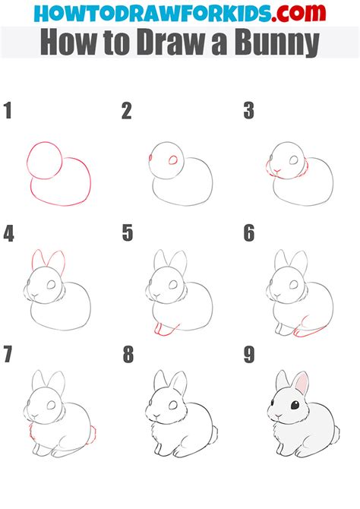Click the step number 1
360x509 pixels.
tap(8, 112)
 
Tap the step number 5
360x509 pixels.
tap(128, 234)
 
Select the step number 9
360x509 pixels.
tap(248, 355)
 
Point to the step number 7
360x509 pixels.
tap(8, 355)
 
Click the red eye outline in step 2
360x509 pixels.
tap(172, 160)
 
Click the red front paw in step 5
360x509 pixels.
tap(161, 329)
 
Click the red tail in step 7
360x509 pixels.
tap(95, 435)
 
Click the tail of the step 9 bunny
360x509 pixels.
tap(336, 435)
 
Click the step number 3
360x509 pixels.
tap(248, 112)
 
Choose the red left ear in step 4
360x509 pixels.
tap(39, 260)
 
